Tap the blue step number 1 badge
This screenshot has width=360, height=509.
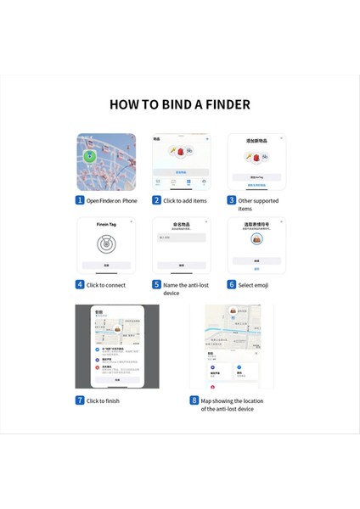[80, 200]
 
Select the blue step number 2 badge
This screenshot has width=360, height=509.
[156, 200]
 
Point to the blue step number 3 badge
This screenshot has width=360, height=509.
[231, 200]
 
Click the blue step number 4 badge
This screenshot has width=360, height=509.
[80, 285]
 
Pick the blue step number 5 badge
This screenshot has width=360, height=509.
[156, 285]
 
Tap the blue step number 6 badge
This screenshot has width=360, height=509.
[231, 285]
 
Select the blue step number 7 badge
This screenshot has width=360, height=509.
[80, 400]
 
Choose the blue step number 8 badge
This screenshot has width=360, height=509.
[194, 400]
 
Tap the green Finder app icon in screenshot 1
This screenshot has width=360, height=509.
[101, 156]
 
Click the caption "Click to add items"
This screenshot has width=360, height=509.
[184, 200]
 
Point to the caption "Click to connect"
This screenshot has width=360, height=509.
[105, 285]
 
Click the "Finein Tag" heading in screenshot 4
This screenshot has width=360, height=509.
[105, 226]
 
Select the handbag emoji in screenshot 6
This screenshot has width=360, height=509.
[256, 241]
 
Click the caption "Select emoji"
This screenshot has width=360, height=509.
[253, 285]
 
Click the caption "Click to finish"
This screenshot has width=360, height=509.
[103, 400]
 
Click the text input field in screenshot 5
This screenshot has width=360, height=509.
[181, 238]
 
